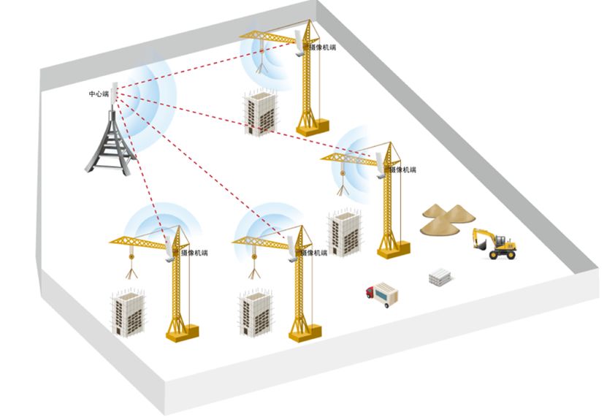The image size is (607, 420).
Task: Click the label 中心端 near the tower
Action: coord(99,94)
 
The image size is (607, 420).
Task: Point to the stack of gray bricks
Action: coord(442,277)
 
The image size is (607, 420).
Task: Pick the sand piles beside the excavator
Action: coord(447,218)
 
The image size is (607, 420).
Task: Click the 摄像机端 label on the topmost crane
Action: coord(321,47)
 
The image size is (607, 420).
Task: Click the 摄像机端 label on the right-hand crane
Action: coord(402,169)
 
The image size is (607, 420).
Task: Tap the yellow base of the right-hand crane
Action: coord(393,249)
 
